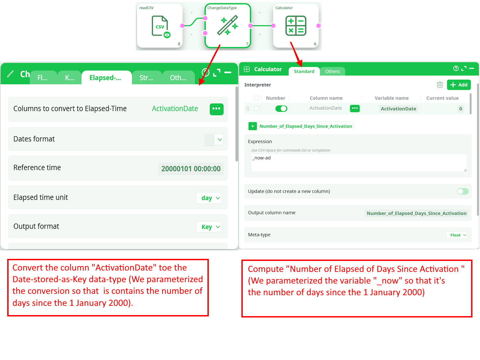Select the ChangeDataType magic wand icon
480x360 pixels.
228,25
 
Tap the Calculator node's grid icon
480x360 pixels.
296,26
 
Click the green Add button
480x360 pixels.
459,85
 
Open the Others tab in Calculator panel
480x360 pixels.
332,71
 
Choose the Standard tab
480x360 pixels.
304,71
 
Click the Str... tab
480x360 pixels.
146,77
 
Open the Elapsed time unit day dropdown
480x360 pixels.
209,198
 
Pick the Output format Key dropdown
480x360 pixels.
209,227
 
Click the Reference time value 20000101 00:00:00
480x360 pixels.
191,169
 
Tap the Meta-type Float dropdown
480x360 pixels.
457,235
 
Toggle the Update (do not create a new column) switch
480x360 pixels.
463,191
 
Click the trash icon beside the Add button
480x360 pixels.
440,85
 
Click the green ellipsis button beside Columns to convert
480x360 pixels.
217,109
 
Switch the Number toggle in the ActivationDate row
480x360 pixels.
281,109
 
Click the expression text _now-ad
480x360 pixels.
262,158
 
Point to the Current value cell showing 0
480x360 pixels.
460,109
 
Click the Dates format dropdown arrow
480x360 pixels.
220,140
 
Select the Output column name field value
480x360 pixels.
416,213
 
